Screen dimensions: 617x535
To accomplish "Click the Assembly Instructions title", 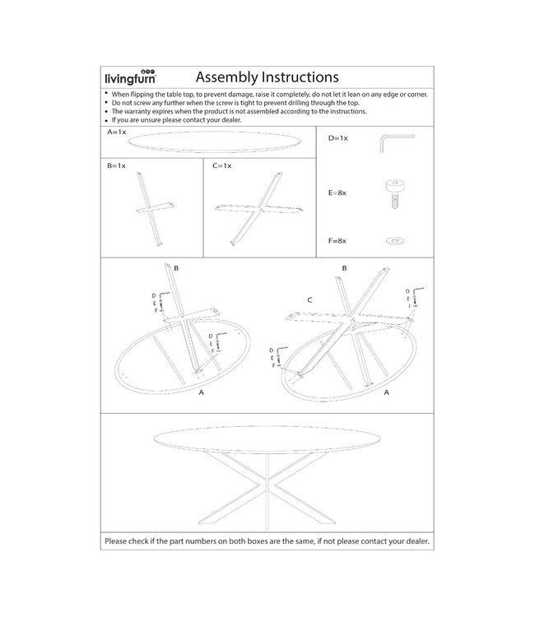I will coord(267,77).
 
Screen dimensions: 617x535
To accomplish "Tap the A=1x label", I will coord(116,132).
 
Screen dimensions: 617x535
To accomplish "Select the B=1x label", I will coord(116,165).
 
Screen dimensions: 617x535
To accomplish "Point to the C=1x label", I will coord(221,165).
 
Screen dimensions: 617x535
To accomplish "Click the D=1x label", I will coord(338,138).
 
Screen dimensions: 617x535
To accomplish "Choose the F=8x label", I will coord(338,240).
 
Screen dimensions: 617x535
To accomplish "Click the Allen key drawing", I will coord(393,142).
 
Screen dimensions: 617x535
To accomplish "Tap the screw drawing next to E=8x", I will coord(393,193).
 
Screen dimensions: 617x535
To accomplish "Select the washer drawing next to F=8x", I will coord(393,240).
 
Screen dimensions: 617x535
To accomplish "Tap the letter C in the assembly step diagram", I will coord(309,301).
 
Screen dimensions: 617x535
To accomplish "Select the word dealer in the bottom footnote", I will coord(412,541).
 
